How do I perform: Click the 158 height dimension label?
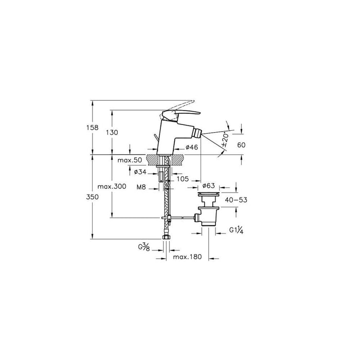[92, 128]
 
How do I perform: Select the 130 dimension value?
[112, 133]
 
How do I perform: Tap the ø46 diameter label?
[192, 147]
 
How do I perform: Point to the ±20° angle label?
[225, 140]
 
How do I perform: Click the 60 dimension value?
[241, 145]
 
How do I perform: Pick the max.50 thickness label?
[130, 160]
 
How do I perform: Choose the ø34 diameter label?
[140, 172]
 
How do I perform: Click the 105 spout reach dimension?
[183, 179]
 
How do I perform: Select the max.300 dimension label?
[112, 186]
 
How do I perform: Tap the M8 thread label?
[141, 187]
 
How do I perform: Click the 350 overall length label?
[92, 197]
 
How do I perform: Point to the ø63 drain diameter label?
[208, 185]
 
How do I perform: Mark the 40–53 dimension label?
[236, 200]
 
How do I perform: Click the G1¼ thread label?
[236, 230]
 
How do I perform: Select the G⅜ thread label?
[144, 247]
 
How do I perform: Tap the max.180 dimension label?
[187, 257]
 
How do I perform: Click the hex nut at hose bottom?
[166, 237]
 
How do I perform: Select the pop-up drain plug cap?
[208, 194]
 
